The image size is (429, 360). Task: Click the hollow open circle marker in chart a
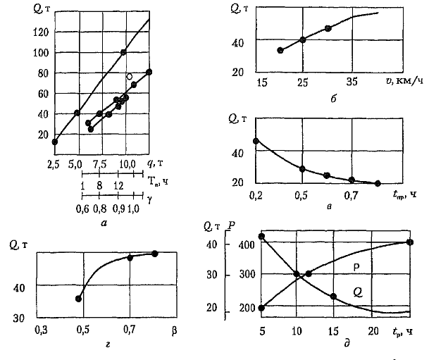tap(129, 76)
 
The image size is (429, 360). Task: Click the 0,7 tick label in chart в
tap(352, 194)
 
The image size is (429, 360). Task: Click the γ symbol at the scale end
tap(150, 199)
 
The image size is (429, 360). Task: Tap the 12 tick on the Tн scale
tap(118, 185)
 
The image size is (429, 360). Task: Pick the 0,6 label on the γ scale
tap(82, 209)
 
